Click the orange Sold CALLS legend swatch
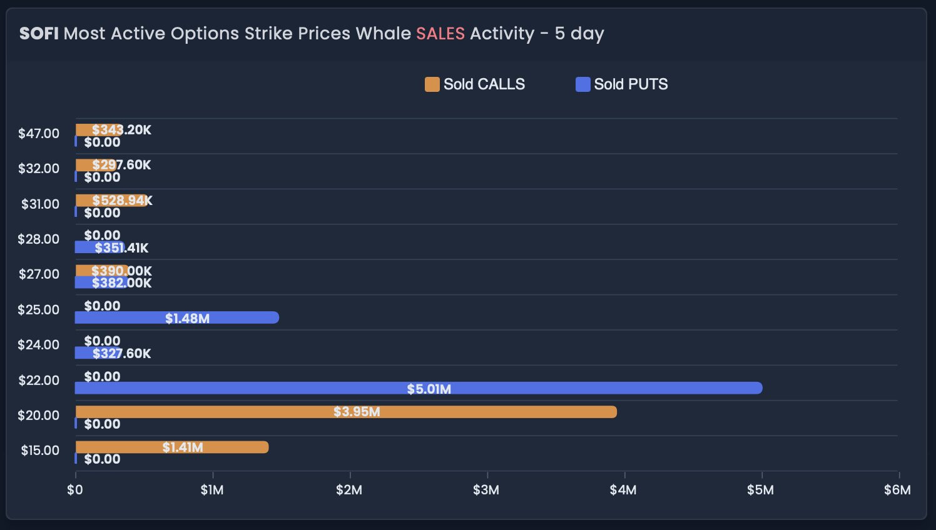click(432, 84)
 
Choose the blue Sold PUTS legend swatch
click(582, 84)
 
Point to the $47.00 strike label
click(39, 134)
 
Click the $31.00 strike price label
click(40, 204)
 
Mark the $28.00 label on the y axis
click(39, 239)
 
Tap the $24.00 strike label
click(39, 345)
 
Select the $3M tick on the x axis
click(486, 490)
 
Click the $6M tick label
click(897, 490)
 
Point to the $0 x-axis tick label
click(75, 490)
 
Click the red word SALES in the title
click(440, 34)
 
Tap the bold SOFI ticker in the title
click(39, 34)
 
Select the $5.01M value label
click(429, 389)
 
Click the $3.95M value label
click(357, 412)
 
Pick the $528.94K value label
click(122, 201)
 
